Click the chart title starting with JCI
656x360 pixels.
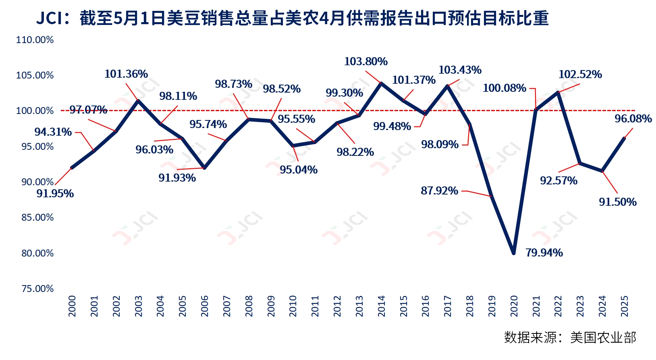292,18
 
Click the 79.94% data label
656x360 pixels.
544,253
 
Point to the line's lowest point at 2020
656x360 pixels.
514,253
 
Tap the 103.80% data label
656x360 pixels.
365,62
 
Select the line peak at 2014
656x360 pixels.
381,83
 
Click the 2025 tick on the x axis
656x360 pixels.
625,306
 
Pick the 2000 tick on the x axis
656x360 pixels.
72,306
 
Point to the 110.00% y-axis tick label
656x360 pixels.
35,40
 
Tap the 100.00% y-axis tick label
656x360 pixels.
35,111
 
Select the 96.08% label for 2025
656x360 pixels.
633,119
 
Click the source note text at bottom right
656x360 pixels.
570,337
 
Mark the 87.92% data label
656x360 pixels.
439,190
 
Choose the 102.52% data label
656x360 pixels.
580,74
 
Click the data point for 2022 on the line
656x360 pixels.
558,93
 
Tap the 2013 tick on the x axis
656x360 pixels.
359,306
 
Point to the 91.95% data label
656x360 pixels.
55,194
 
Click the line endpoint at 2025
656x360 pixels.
625,138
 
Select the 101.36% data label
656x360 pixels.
126,74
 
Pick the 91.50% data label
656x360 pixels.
617,202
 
